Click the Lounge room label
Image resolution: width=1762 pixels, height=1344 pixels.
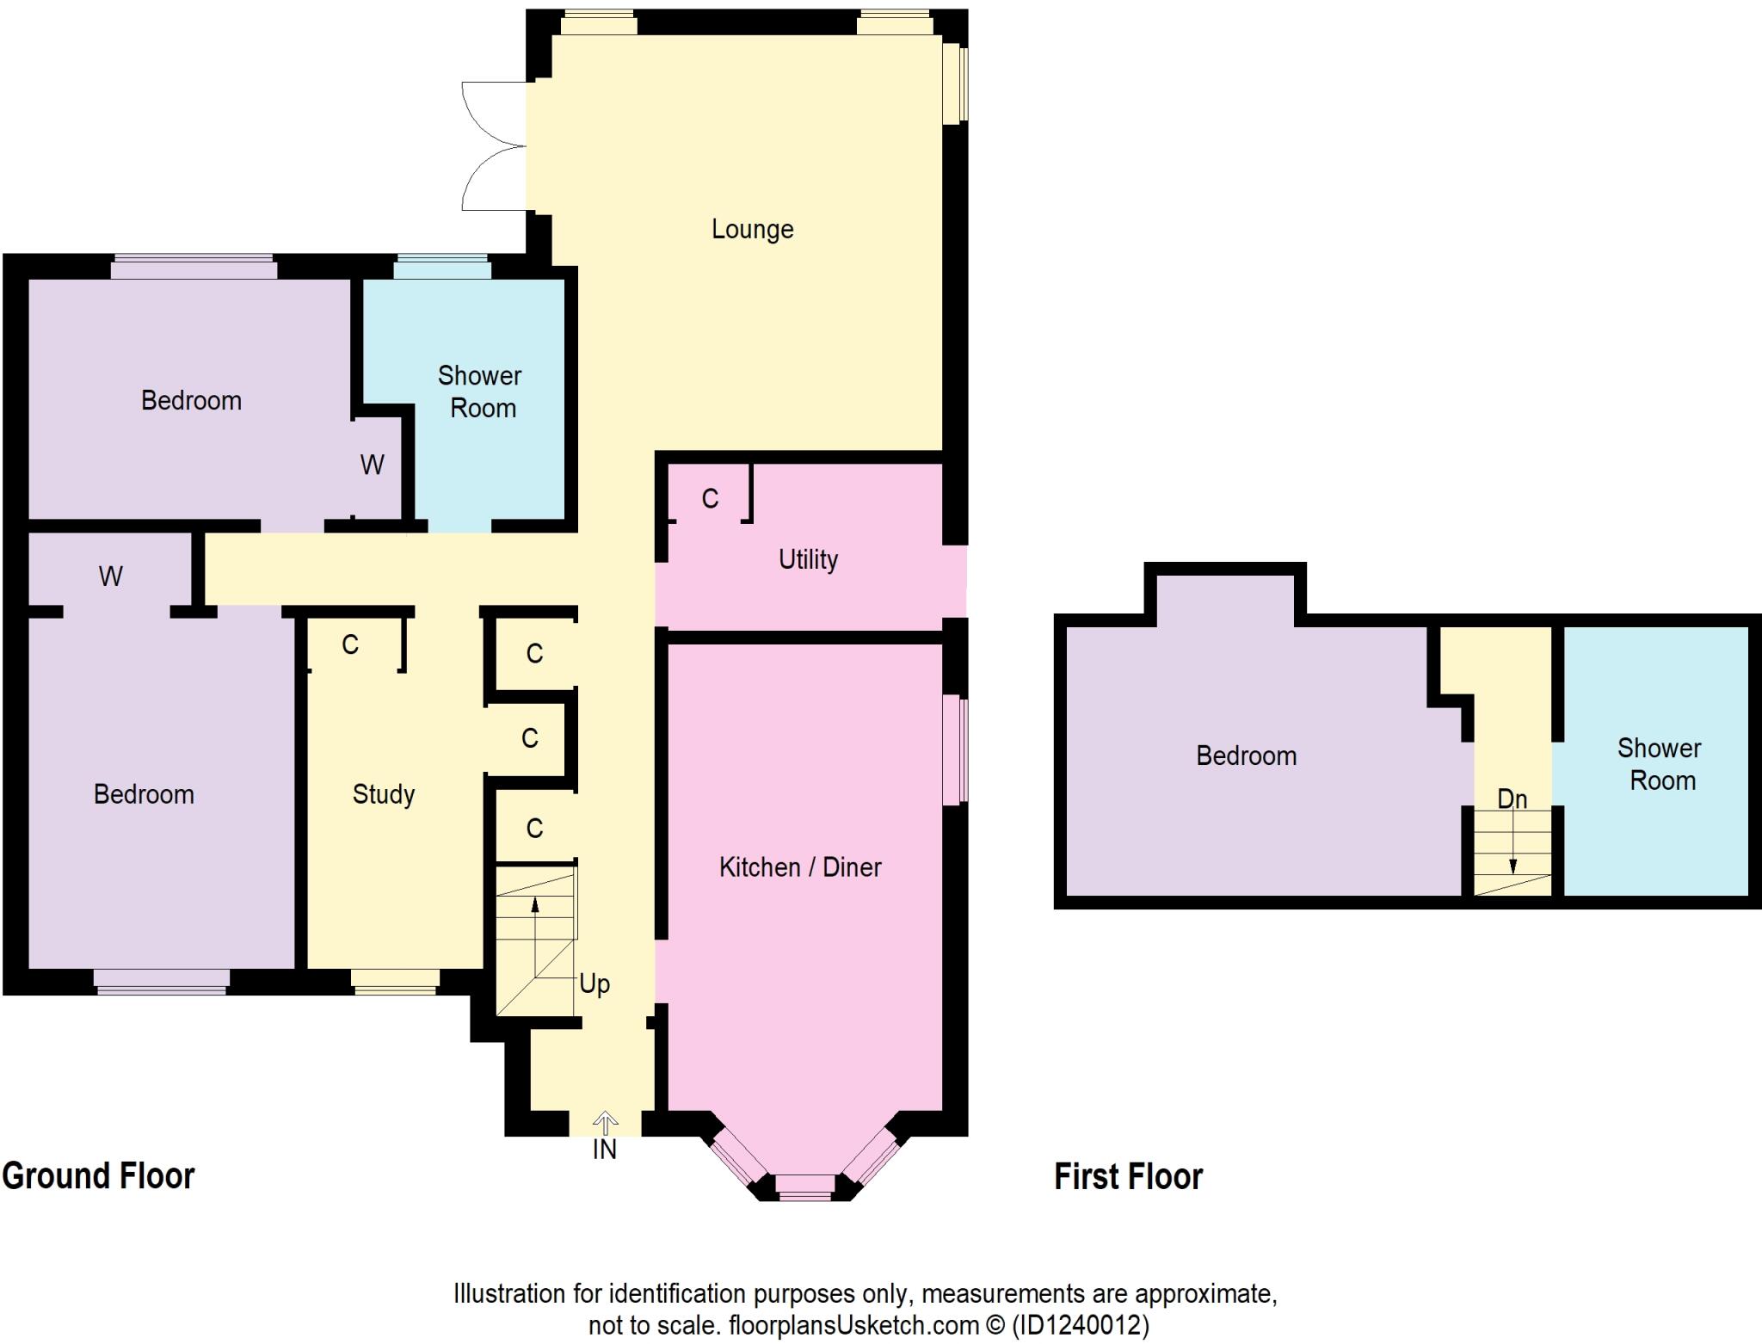pos(752,230)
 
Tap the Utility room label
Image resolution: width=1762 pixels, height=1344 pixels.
pos(808,560)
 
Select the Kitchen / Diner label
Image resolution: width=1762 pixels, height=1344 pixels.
pos(800,867)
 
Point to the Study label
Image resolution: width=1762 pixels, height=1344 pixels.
pos(384,794)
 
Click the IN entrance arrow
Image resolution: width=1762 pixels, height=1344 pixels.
pos(605,1124)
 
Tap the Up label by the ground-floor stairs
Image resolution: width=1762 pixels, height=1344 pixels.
pos(595,983)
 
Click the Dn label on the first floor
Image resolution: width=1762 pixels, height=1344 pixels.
pos(1512,799)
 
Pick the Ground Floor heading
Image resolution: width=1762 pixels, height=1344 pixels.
pos(98,1176)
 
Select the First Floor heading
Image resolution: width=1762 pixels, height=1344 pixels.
pos(1128,1177)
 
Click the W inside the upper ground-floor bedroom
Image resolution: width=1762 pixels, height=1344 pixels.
pos(372,465)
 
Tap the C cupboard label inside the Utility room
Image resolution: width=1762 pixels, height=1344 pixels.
pos(710,499)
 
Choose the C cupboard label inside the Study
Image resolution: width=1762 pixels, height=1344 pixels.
pos(350,645)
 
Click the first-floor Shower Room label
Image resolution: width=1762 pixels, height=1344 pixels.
pos(1660,765)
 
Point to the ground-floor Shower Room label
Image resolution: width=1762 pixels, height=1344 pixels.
pos(480,392)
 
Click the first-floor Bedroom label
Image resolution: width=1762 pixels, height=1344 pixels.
pos(1246,756)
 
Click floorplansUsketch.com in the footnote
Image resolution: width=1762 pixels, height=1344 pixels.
pos(853,1325)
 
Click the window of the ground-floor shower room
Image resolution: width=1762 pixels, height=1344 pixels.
pos(442,268)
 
